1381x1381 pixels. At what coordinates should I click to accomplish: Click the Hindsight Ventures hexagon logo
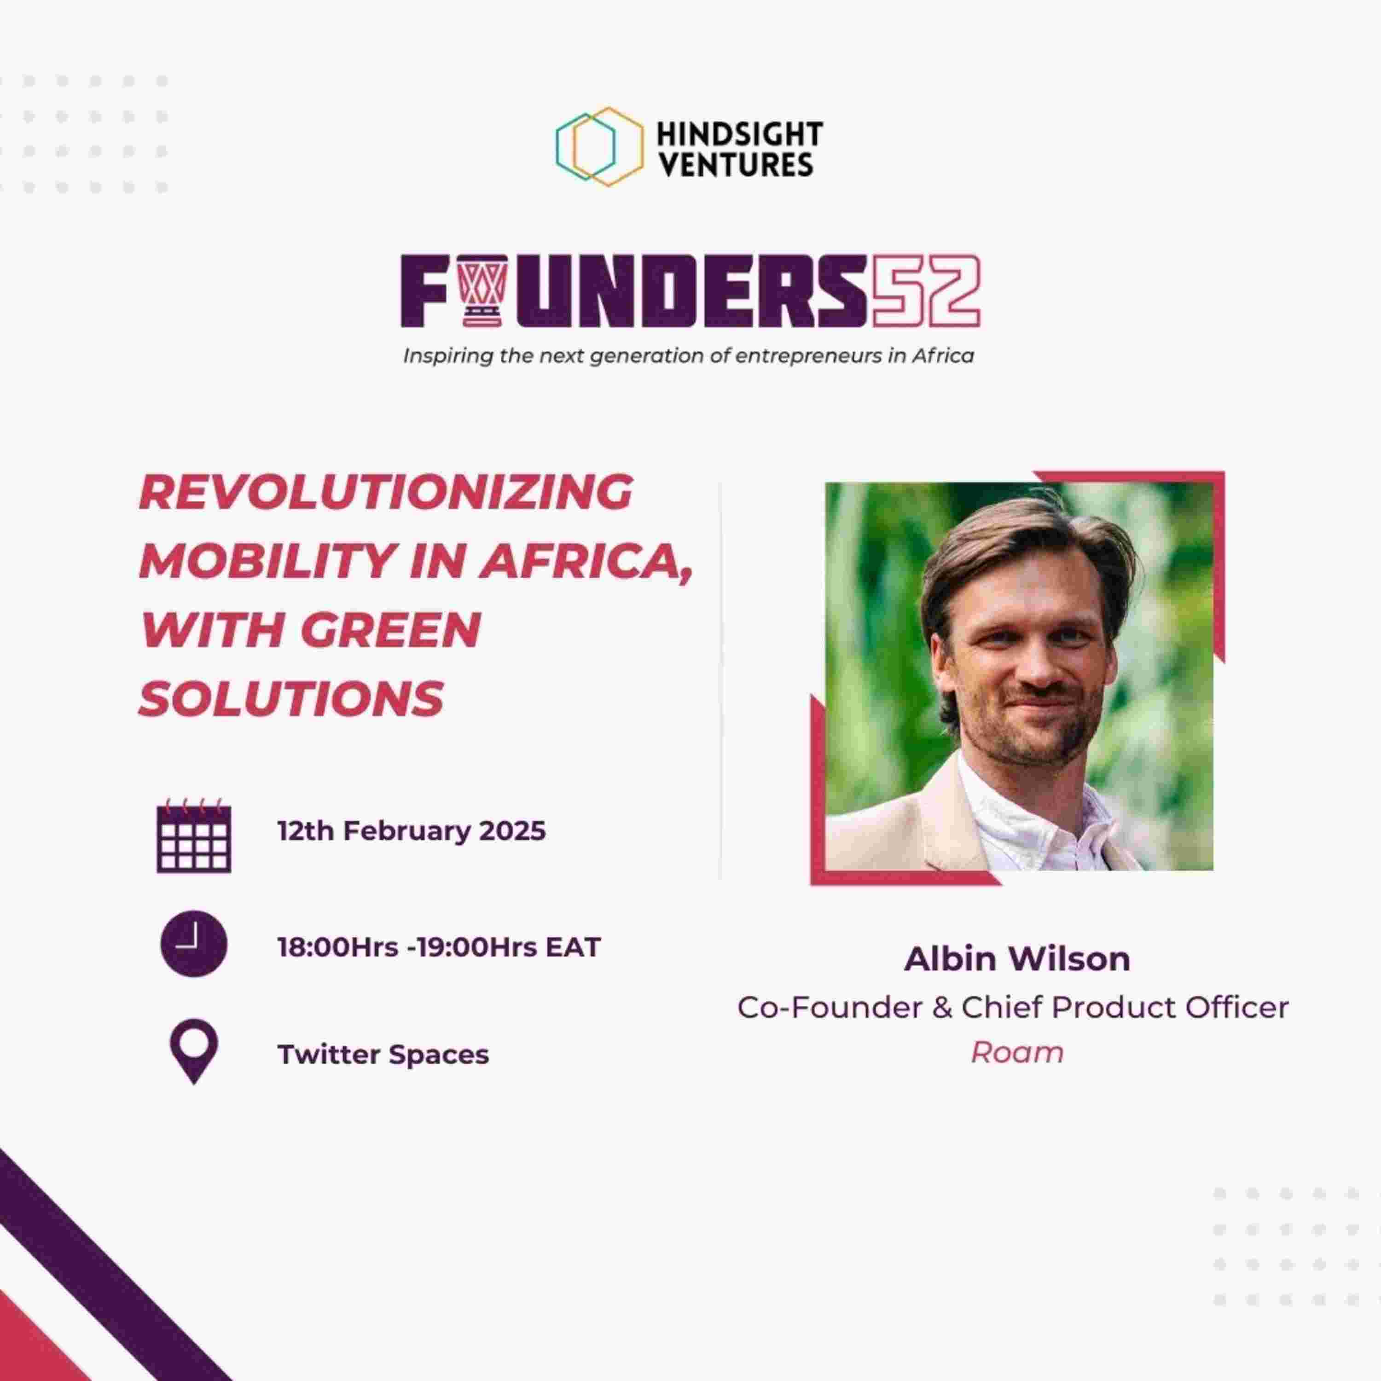[x=599, y=146]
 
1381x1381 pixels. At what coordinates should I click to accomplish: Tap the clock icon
[x=194, y=944]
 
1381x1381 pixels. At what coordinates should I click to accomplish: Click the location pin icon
[x=194, y=1051]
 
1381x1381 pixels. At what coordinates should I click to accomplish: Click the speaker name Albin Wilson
[x=1017, y=959]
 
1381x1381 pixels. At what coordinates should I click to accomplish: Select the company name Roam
[x=1017, y=1052]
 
